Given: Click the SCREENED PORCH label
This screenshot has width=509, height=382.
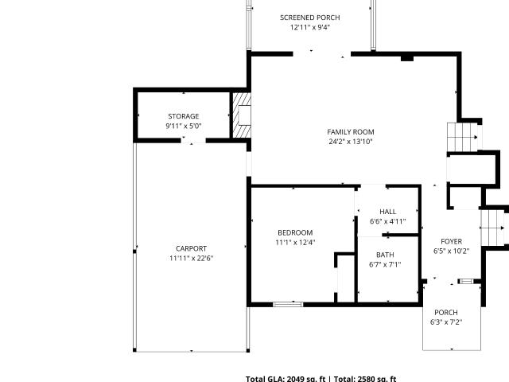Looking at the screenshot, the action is coord(310,18).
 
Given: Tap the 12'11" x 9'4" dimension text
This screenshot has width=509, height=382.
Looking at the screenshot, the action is coord(310,27).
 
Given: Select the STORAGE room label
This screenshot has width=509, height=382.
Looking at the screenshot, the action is coord(184,116).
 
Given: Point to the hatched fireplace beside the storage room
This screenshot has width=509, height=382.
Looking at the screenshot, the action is coord(242,115).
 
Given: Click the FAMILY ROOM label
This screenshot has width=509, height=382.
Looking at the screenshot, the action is coord(351,132).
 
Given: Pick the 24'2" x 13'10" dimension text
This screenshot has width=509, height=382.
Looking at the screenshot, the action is coord(351,142).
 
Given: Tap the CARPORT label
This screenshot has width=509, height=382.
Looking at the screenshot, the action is coord(191,248).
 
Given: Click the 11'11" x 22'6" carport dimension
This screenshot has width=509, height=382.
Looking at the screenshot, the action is coord(191,258).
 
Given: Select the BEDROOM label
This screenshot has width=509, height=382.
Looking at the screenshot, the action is coord(295,232).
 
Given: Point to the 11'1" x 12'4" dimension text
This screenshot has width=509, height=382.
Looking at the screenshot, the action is coord(295,242).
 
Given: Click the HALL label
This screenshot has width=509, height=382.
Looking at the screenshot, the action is coord(388,212).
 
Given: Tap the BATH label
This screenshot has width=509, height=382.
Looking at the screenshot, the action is coord(385,255).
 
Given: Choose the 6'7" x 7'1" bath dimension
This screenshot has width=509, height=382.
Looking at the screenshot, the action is coord(385,265).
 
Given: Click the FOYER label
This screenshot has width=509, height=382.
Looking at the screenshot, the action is coord(452,241).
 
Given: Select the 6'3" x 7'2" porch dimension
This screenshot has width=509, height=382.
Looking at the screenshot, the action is coord(446,322).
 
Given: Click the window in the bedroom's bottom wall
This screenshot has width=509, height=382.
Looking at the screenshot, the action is coord(288,304).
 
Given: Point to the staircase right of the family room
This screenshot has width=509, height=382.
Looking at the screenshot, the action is coord(463,137).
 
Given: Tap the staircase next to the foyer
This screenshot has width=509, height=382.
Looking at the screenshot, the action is coord(492,228).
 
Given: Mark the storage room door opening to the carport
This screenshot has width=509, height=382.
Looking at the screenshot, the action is coord(193,141).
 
